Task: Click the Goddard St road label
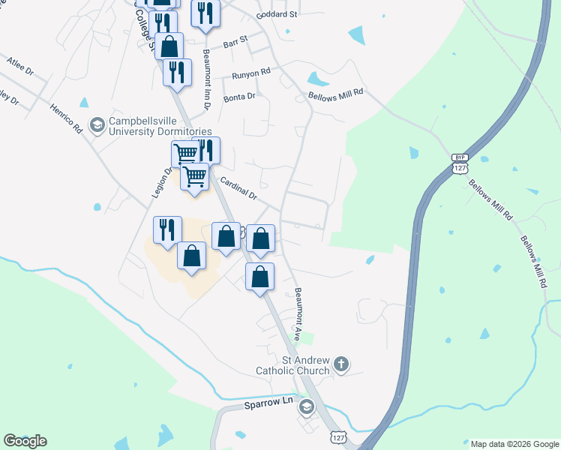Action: coord(277,14)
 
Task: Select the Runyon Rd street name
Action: coord(250,73)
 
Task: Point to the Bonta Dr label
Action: coord(239,97)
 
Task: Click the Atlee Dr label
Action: coord(19,65)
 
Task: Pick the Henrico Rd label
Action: coord(67,119)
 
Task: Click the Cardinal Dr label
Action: coord(239,189)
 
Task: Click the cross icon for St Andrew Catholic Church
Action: coord(341,365)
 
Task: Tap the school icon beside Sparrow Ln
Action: coord(305,407)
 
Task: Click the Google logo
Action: coord(25,441)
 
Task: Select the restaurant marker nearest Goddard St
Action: coord(205,13)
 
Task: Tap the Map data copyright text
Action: coord(514,443)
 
